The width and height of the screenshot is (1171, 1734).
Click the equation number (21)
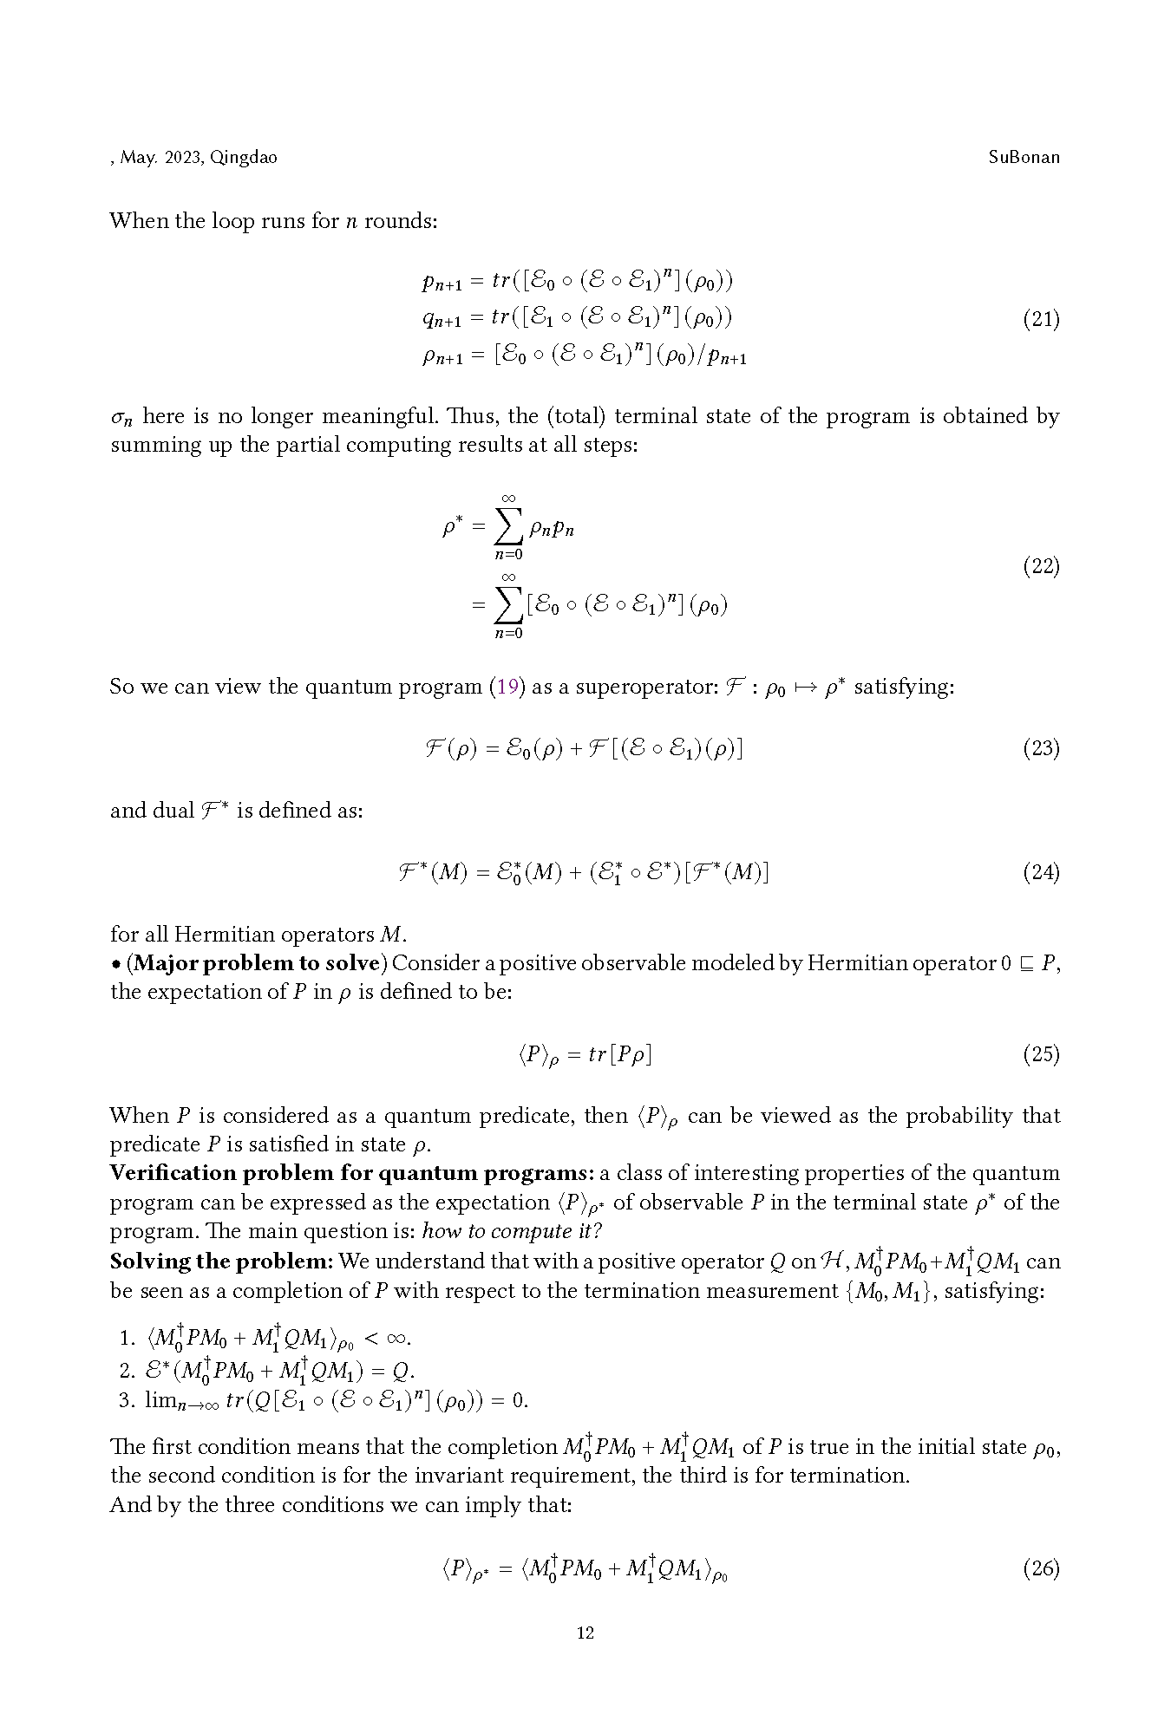(1041, 319)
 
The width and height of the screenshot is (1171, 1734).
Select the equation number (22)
(1041, 567)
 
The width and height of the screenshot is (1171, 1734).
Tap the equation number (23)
(1041, 748)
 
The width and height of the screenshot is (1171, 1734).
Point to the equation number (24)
(1041, 872)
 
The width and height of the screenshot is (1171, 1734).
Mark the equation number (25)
(1041, 1054)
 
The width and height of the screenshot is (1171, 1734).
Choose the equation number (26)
(1041, 1568)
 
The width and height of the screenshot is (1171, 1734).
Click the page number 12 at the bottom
(585, 1633)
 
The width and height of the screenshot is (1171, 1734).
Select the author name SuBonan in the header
(1024, 158)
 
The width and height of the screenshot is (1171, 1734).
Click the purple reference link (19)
(507, 687)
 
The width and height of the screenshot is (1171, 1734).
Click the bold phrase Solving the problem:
(221, 1261)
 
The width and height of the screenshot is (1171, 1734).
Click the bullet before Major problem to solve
(115, 964)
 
